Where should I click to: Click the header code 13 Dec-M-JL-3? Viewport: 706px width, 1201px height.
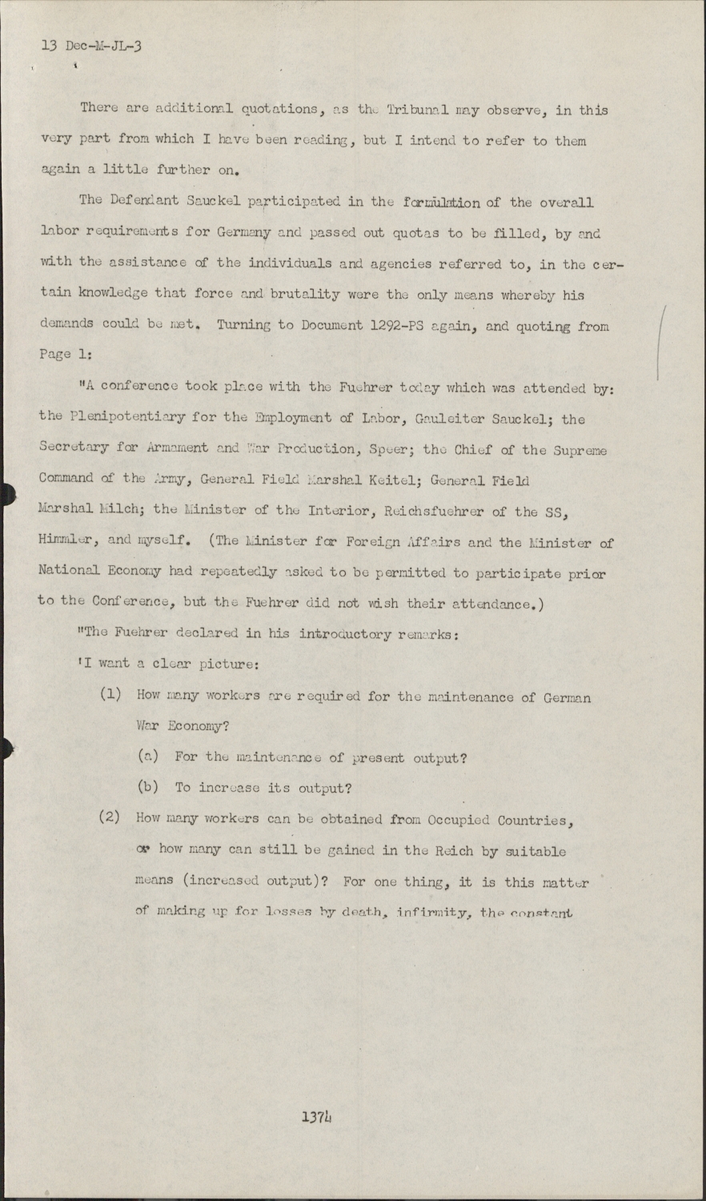91,46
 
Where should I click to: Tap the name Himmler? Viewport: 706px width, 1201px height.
66,542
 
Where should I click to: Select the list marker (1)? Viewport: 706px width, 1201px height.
110,694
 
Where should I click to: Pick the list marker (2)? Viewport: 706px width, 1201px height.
110,817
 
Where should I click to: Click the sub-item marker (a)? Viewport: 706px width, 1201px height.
147,756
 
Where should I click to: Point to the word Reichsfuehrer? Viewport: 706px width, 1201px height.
431,511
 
